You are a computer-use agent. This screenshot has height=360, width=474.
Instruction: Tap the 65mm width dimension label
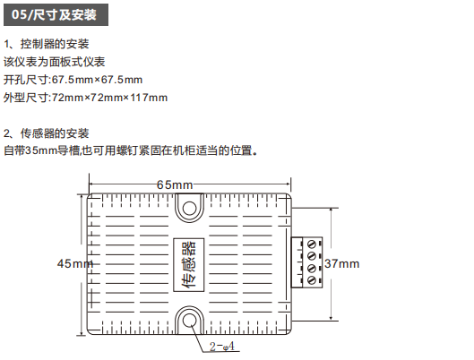point(175,184)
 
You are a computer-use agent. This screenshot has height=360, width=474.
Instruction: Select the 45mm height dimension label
point(75,263)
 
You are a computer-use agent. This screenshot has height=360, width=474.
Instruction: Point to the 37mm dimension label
point(342,263)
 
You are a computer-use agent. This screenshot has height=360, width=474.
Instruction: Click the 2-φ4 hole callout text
point(222,347)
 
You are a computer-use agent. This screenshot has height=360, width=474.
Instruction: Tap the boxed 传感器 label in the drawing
point(189,265)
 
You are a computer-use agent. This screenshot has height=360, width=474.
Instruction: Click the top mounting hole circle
point(190,208)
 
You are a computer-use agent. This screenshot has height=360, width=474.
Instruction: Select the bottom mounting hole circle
point(190,320)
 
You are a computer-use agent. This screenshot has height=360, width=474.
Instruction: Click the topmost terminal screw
point(311,244)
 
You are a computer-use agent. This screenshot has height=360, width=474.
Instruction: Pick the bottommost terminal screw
point(311,280)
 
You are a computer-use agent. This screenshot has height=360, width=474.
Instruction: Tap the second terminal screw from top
point(311,256)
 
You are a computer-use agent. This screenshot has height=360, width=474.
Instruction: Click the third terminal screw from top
point(311,268)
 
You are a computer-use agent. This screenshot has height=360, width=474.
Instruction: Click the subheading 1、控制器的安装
point(47,44)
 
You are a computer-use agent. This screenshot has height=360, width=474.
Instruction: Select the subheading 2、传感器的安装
point(47,133)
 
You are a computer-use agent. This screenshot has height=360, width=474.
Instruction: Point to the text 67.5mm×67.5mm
point(97,80)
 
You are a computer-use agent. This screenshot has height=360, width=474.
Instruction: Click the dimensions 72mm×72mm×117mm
point(109,98)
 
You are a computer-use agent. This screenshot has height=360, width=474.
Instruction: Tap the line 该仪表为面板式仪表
point(55,62)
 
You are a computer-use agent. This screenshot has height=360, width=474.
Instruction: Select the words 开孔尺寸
point(26,80)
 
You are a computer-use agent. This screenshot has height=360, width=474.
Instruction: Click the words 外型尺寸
point(26,98)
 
